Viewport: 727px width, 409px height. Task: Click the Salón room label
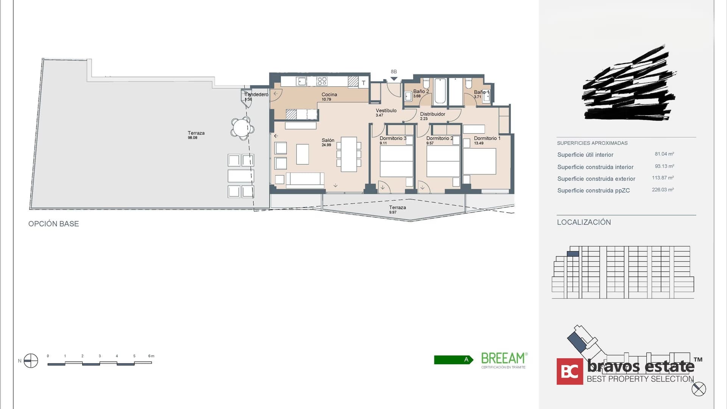click(328, 140)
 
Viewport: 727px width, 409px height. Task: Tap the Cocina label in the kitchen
click(329, 95)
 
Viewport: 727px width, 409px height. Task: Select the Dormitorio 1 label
click(487, 139)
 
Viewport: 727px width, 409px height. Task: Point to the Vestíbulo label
click(386, 111)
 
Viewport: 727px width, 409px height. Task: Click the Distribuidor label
click(432, 114)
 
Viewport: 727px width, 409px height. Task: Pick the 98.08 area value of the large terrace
click(192, 138)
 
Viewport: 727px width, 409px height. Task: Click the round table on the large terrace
click(241, 128)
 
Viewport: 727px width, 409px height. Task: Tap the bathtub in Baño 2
click(440, 91)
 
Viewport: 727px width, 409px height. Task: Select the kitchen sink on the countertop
click(301, 81)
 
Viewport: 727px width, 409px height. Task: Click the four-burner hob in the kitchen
click(322, 81)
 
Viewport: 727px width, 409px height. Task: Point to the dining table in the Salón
click(349, 154)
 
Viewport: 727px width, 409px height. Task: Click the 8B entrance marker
click(394, 72)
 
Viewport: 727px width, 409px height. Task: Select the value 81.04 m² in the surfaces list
click(664, 154)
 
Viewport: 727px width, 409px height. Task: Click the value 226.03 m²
click(663, 190)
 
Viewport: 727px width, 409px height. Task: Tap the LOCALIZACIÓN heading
click(583, 222)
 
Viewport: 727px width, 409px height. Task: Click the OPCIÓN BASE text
click(53, 224)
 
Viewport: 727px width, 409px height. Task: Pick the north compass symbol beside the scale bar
click(31, 361)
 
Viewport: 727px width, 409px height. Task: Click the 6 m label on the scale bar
click(151, 356)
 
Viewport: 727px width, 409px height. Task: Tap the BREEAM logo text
click(503, 358)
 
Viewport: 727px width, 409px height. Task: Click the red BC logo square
click(569, 372)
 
